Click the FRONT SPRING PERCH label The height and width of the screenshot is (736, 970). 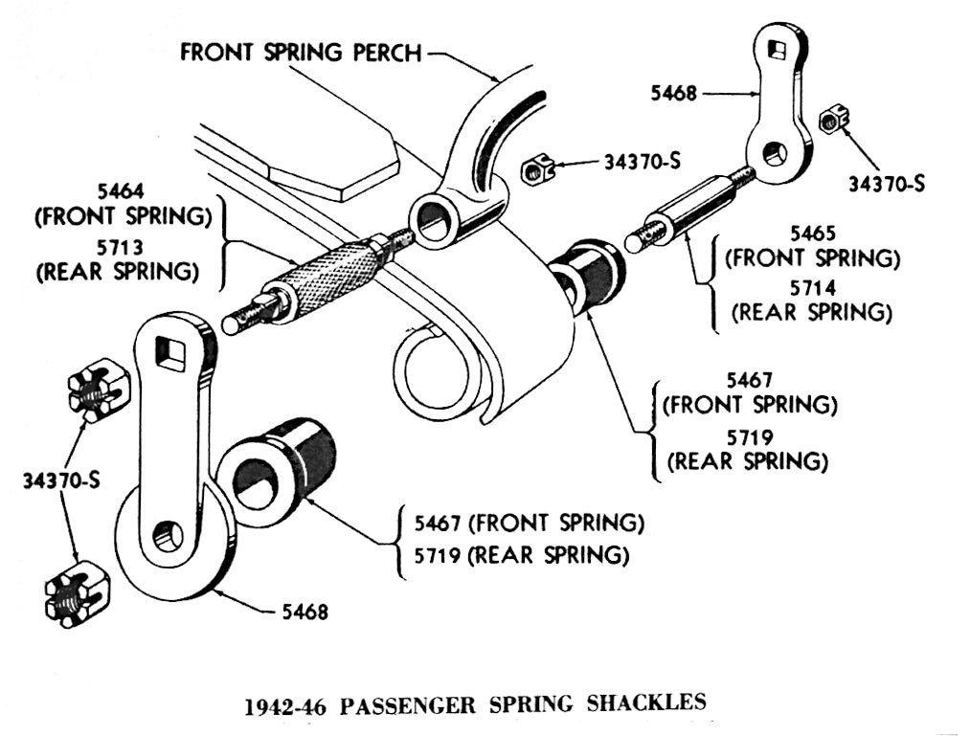tap(301, 52)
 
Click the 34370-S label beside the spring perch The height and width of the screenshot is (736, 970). tap(642, 162)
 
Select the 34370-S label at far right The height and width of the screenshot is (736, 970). tap(887, 183)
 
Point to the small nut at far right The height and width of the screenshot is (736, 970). tap(830, 122)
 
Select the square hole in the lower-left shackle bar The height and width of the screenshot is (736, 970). tap(171, 351)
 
